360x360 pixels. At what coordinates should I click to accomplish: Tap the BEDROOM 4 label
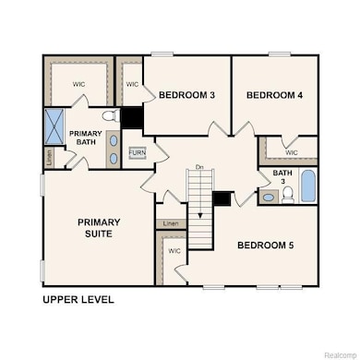275,95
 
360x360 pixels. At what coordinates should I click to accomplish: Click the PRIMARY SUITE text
98,228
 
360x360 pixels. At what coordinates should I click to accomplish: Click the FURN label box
137,152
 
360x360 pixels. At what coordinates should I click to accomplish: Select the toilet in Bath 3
287,193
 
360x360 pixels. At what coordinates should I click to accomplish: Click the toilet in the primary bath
108,116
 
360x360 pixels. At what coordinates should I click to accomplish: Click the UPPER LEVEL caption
78,300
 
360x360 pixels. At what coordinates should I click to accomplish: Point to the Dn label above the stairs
199,167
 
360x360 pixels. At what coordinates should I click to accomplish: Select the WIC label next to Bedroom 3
131,84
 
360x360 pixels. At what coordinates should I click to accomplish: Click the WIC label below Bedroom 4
291,152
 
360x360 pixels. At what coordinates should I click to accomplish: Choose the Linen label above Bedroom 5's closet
170,223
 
